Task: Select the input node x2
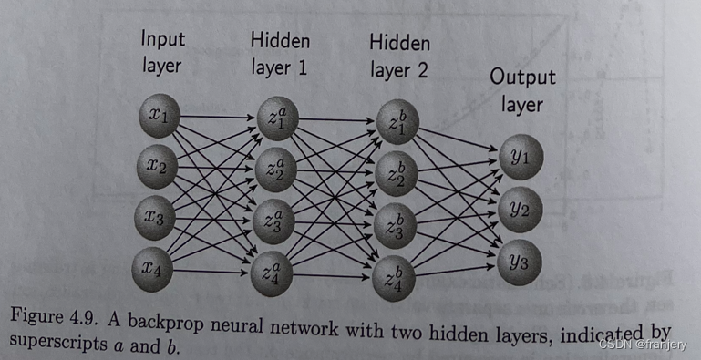pyautogui.click(x=158, y=165)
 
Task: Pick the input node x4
pyautogui.click(x=158, y=267)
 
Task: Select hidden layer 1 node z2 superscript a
pyautogui.click(x=274, y=170)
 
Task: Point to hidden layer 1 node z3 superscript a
pyautogui.click(x=274, y=221)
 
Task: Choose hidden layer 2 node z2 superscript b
pyautogui.click(x=395, y=175)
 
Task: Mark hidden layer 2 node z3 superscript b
pyautogui.click(x=395, y=225)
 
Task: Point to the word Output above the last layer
pyautogui.click(x=521, y=77)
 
